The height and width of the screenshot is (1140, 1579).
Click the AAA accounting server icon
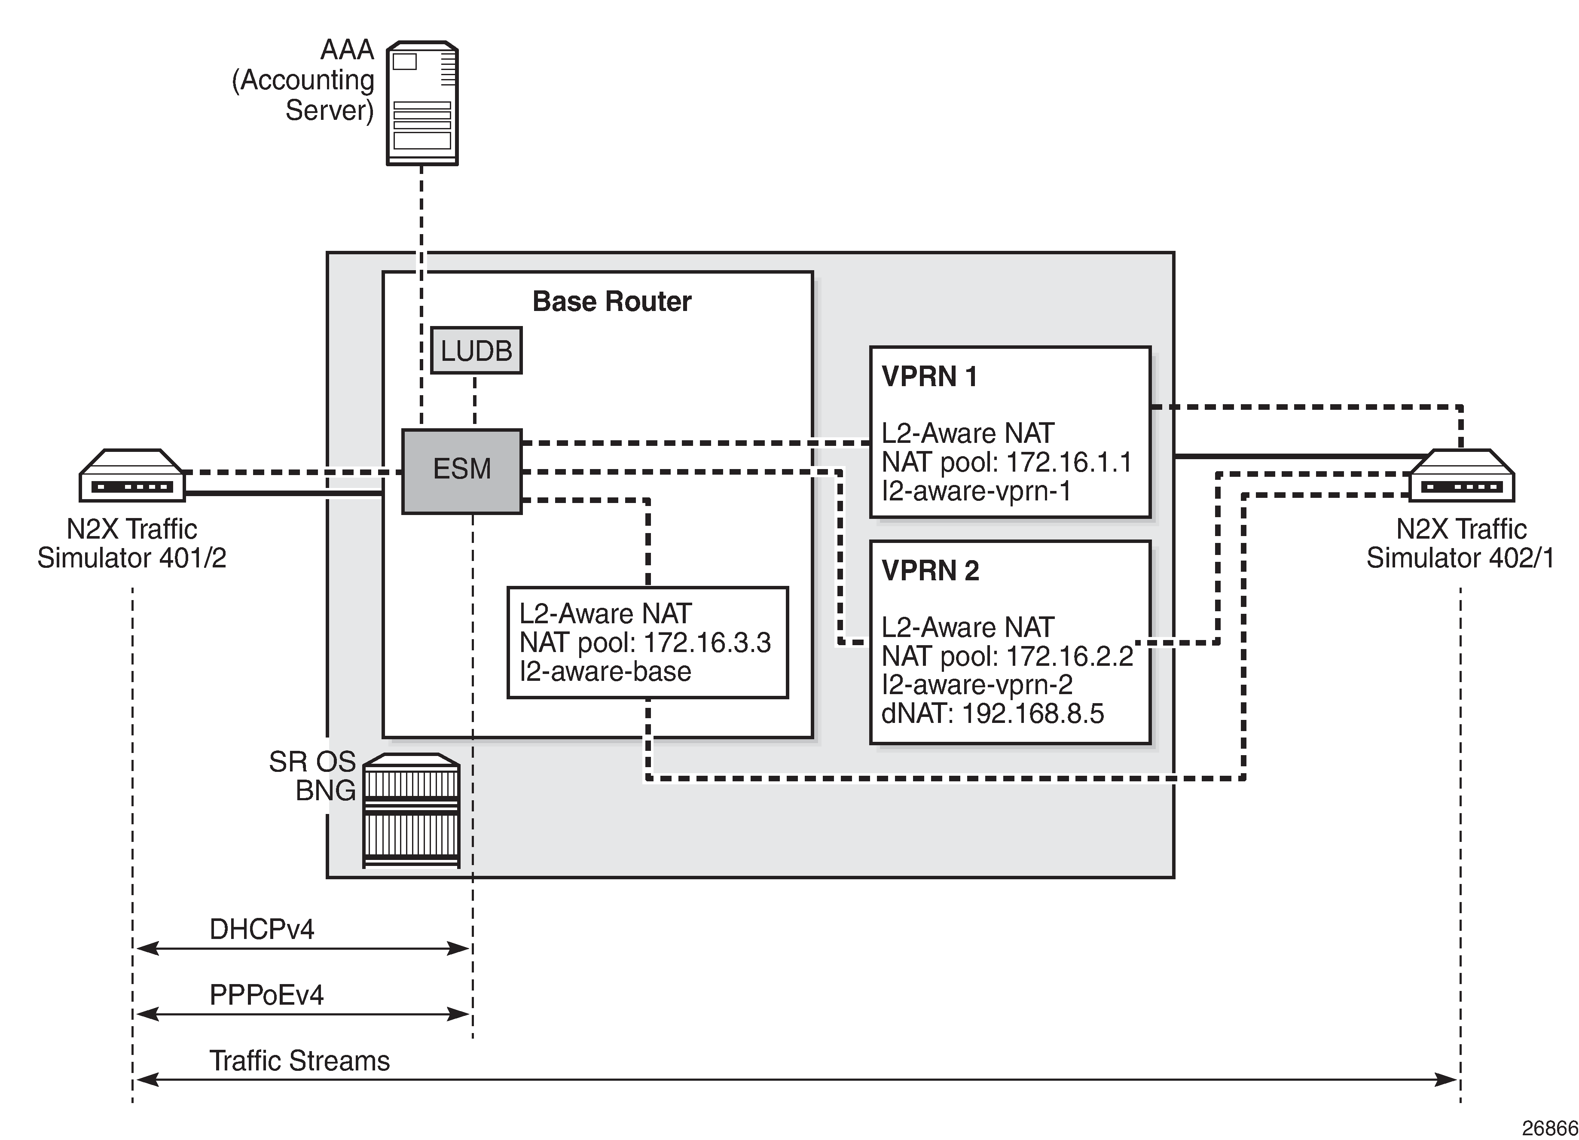422,103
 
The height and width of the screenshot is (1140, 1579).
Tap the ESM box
461,470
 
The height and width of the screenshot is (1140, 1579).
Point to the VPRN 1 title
929,377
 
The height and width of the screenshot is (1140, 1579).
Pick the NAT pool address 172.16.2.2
1069,656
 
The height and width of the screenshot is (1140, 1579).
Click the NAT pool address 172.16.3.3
707,643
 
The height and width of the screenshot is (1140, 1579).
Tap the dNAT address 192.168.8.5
1032,713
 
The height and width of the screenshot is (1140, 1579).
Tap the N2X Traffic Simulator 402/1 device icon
1461,476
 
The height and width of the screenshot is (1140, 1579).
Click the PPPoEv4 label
267,995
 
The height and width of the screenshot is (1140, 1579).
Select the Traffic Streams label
299,1061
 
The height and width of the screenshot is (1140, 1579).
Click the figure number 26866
1549,1128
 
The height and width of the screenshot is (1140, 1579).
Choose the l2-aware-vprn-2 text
977,685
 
